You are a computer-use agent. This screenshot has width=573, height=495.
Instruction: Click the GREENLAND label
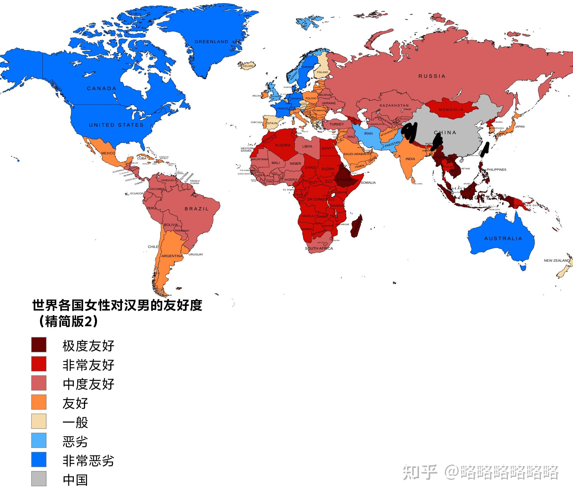(x=211, y=42)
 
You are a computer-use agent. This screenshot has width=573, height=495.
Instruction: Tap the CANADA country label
(x=102, y=88)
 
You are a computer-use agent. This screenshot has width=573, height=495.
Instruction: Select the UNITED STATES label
(x=116, y=125)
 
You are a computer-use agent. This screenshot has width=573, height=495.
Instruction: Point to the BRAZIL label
(x=197, y=209)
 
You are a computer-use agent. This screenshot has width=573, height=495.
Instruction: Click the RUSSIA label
(x=432, y=76)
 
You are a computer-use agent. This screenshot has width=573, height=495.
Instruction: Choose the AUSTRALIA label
(x=503, y=238)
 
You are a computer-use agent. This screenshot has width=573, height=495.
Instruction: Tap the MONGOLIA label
(x=451, y=110)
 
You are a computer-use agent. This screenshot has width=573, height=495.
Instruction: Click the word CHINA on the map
(x=445, y=132)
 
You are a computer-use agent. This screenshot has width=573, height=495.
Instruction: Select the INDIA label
(x=410, y=159)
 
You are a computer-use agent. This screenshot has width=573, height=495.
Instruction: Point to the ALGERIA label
(x=283, y=145)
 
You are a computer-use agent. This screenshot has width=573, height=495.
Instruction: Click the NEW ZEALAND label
(x=556, y=261)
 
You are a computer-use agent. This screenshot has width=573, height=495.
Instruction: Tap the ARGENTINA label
(x=172, y=256)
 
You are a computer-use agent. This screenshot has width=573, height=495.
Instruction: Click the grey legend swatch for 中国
(x=39, y=479)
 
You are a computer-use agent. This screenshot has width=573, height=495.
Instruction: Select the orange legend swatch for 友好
(x=39, y=402)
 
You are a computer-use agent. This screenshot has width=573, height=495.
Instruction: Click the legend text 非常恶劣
(x=88, y=460)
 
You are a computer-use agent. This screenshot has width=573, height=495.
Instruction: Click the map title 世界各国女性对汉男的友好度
(x=117, y=305)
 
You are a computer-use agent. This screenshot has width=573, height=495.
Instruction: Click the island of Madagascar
(x=356, y=226)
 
